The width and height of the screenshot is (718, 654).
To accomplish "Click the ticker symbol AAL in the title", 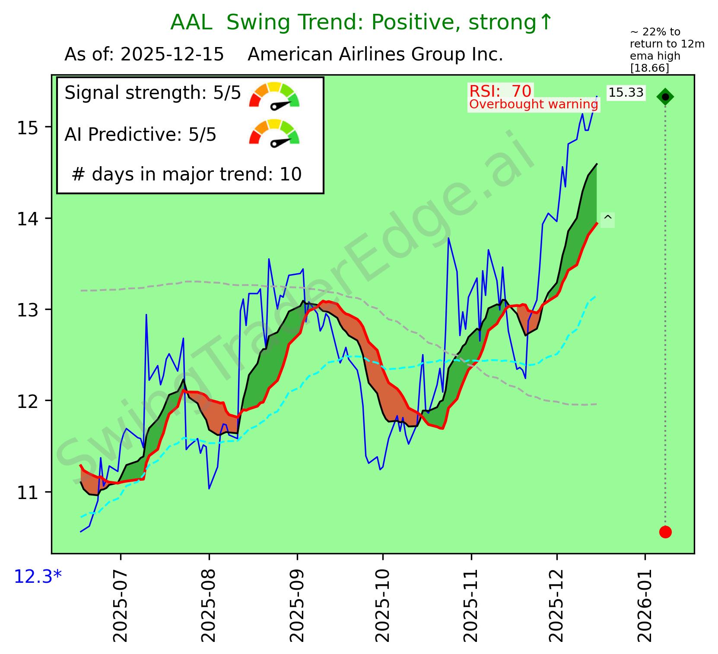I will pos(191,22).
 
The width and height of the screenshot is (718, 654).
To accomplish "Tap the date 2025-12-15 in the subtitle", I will pos(172,55).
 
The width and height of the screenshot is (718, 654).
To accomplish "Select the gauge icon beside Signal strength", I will pos(274,95).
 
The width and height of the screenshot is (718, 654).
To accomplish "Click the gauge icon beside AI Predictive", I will pos(274,133).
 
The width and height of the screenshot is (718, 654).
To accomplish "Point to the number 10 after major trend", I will pos(291,174).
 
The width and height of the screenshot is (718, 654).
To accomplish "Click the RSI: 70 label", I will pos(500,91).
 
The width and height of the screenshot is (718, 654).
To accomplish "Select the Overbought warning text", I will pos(534,104).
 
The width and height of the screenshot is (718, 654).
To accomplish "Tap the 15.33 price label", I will pos(626,93).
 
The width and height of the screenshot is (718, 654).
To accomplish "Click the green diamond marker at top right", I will pos(665,97).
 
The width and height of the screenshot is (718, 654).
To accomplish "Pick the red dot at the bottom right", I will pos(665,532).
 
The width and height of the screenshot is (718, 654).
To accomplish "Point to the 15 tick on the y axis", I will pos(27,127).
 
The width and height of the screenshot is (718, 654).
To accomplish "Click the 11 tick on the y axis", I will pos(27,492).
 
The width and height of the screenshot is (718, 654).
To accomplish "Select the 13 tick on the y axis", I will pos(27,310).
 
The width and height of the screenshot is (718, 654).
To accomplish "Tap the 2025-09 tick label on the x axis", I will pos(297,604).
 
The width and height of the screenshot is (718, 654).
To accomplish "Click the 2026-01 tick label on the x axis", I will pos(645,604).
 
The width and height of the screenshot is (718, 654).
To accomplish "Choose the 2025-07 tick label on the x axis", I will pos(121,604).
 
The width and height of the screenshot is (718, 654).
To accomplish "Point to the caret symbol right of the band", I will pos(607,219).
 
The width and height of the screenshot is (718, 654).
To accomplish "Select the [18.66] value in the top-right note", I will pos(649,68).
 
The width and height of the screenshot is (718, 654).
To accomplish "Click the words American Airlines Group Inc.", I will pos(375,55).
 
